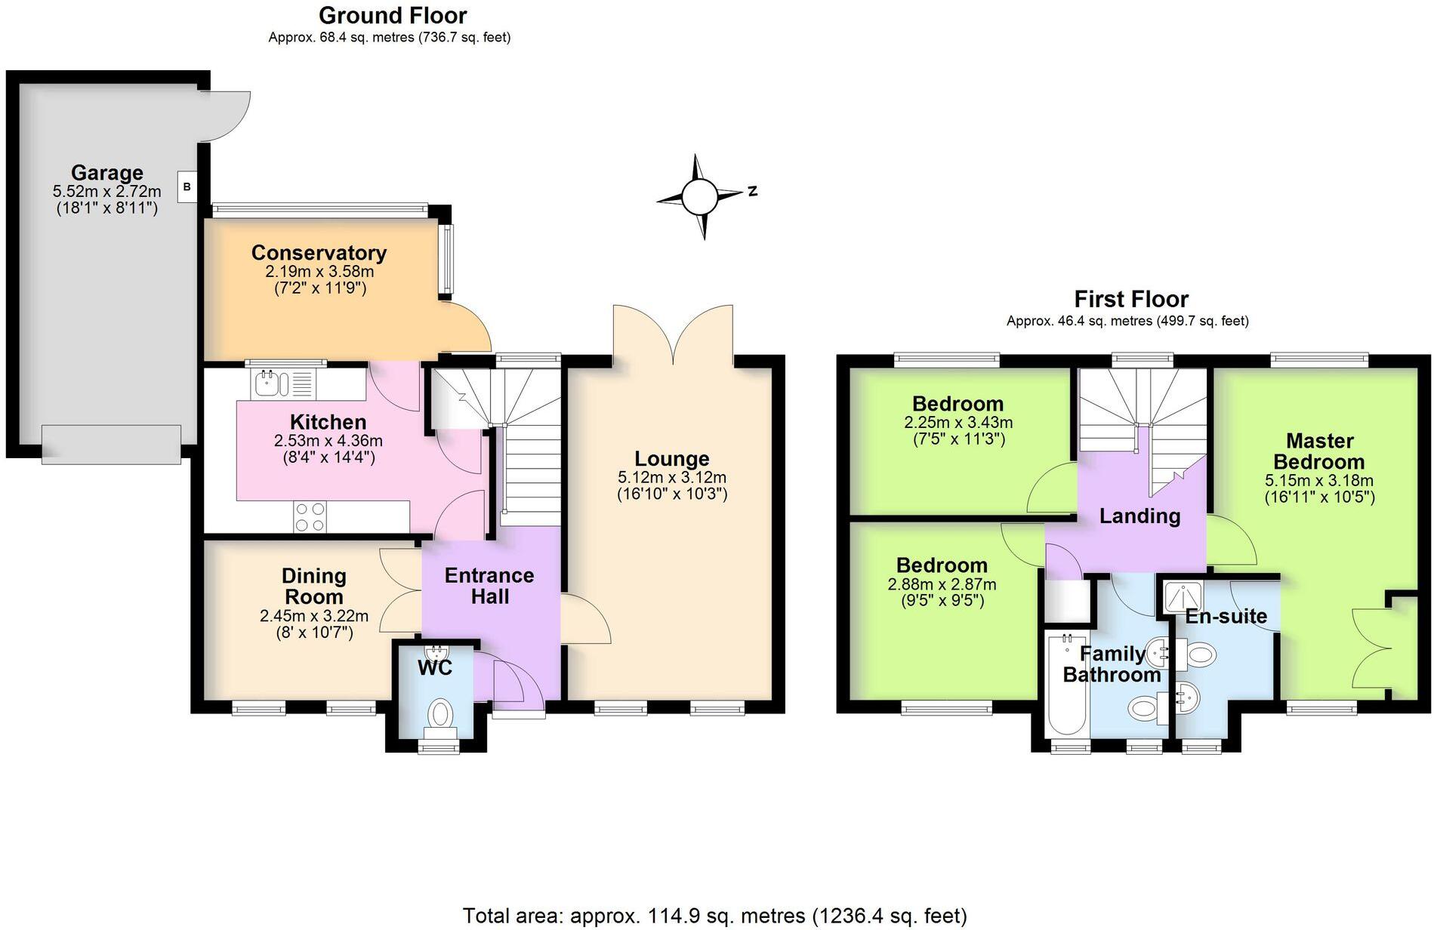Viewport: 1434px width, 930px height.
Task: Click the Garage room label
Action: (x=107, y=173)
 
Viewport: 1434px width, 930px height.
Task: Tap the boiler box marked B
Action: (x=187, y=186)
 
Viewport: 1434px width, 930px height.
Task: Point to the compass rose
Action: (x=702, y=197)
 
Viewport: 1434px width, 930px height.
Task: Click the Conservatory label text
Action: (x=319, y=252)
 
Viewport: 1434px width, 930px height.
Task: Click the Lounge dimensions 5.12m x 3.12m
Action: (x=672, y=477)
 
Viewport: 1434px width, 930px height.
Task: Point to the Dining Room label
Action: (x=313, y=586)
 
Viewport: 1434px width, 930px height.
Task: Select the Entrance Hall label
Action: (x=489, y=586)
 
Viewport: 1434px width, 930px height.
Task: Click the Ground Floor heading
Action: (x=393, y=15)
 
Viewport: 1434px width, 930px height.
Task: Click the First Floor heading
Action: (x=1131, y=299)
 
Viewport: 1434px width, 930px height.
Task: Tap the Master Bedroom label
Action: (x=1319, y=451)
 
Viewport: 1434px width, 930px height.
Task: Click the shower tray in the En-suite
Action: (x=1182, y=597)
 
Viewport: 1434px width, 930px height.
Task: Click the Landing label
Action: (x=1139, y=516)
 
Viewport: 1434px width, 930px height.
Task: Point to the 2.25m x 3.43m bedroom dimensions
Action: (x=958, y=423)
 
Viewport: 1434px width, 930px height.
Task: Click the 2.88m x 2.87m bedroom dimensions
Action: (x=942, y=584)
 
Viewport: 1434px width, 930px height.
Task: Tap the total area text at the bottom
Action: (x=714, y=916)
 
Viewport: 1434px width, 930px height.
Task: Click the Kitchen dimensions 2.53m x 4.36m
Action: (x=328, y=441)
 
